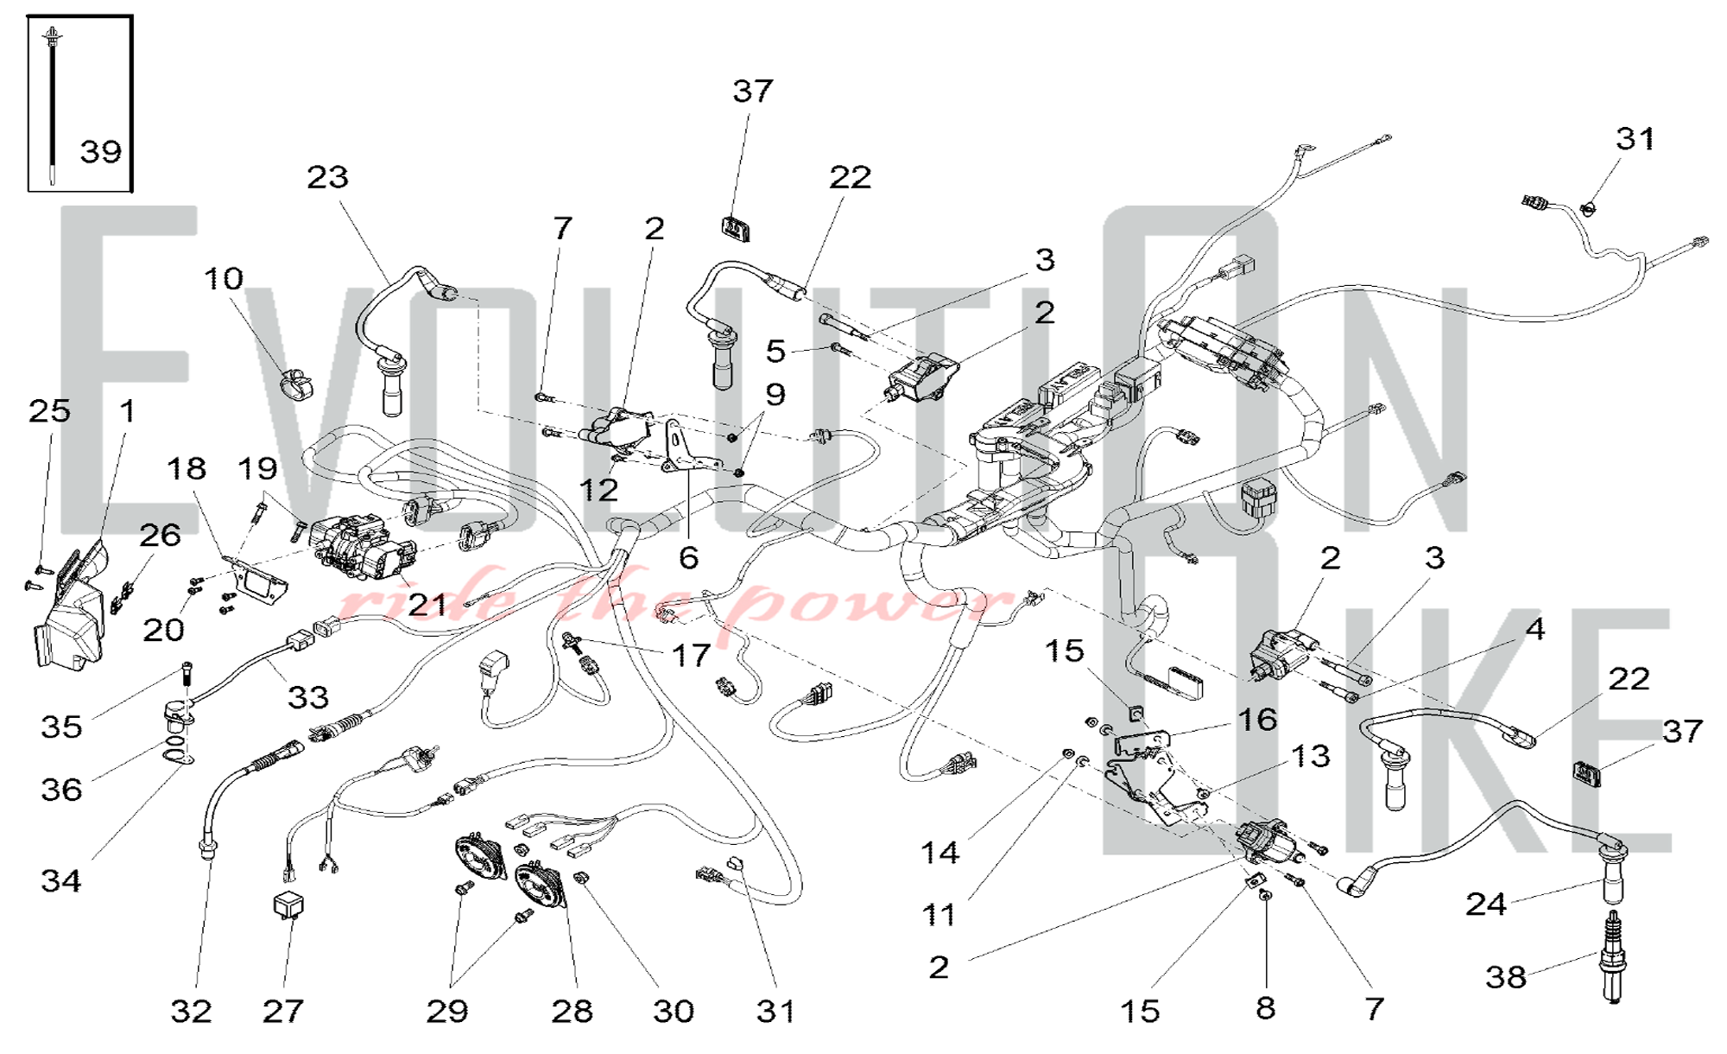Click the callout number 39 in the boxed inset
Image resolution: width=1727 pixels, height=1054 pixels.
[x=101, y=152]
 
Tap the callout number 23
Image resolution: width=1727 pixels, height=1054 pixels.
[x=327, y=177]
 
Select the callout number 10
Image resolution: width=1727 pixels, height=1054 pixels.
[x=224, y=278]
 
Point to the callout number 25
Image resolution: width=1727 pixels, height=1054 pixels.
[x=49, y=411]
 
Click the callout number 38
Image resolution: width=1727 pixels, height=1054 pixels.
[x=1505, y=977]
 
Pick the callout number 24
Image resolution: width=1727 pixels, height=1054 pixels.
[x=1486, y=905]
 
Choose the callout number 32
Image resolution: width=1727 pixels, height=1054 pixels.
[x=191, y=1011]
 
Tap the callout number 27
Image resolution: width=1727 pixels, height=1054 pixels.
[x=283, y=1011]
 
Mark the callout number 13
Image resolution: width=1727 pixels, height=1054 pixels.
[x=1310, y=756]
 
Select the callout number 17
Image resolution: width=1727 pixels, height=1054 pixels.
[x=691, y=656]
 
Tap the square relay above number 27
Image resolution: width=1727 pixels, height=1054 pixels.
[x=288, y=905]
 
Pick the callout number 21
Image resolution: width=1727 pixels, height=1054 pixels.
[x=427, y=605]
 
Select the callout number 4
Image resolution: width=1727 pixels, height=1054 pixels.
[x=1534, y=629]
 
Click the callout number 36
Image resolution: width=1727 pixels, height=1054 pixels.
[x=61, y=789]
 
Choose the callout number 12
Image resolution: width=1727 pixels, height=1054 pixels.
[x=598, y=490]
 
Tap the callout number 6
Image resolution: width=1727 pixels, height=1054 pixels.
[x=688, y=558]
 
